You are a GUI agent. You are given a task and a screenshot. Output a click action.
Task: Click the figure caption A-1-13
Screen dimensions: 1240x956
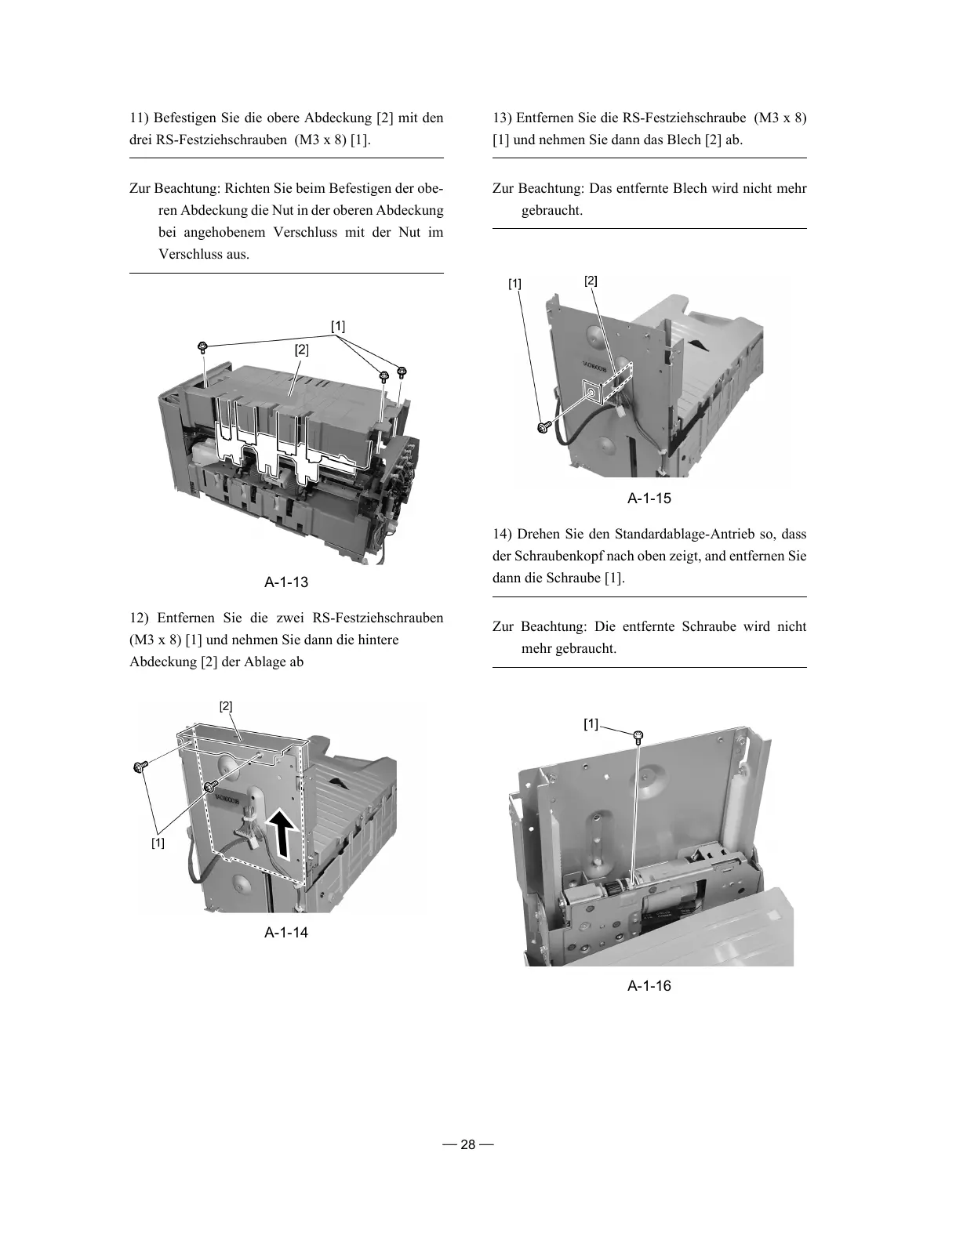click(x=286, y=582)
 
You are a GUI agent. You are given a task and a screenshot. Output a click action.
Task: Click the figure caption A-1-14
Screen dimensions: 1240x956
click(x=286, y=933)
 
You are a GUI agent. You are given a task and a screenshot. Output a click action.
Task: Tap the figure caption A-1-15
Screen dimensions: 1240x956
click(x=649, y=499)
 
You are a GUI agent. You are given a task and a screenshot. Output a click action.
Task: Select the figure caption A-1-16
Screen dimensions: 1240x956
click(x=649, y=986)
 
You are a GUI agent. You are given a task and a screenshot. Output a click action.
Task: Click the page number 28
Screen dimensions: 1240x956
click(x=468, y=1145)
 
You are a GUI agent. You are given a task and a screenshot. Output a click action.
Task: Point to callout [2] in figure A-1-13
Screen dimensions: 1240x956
click(x=302, y=350)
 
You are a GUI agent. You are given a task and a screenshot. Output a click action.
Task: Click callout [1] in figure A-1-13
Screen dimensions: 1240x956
click(x=337, y=326)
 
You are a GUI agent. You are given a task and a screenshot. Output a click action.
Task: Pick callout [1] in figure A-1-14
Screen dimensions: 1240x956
click(x=158, y=843)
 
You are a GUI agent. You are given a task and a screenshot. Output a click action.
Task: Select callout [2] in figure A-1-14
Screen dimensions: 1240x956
click(x=226, y=706)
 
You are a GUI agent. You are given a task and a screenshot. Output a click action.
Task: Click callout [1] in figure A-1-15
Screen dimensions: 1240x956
click(x=514, y=283)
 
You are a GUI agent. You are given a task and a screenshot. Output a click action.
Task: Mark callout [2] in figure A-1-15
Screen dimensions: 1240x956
click(x=591, y=281)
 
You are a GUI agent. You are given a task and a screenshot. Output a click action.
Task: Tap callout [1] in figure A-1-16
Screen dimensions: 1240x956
click(x=591, y=724)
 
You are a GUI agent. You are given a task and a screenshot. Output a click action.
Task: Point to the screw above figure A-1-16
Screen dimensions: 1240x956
click(x=638, y=735)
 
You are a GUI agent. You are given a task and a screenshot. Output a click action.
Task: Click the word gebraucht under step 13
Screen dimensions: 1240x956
click(x=551, y=211)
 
